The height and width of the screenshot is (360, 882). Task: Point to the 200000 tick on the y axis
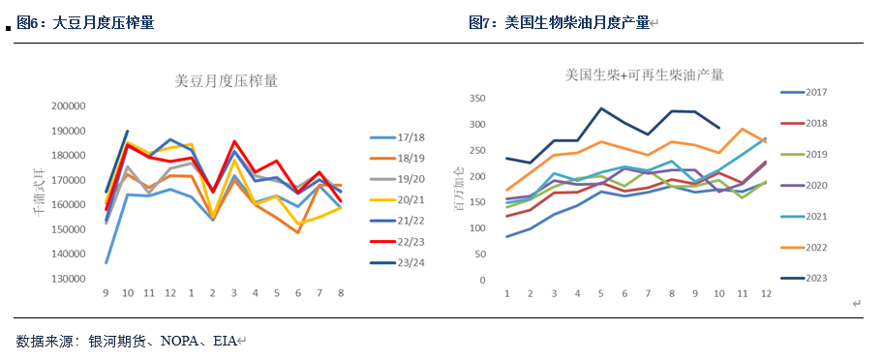click(x=70, y=106)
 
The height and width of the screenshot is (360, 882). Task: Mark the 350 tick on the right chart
click(x=475, y=98)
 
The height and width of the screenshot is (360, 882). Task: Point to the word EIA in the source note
click(x=225, y=341)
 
